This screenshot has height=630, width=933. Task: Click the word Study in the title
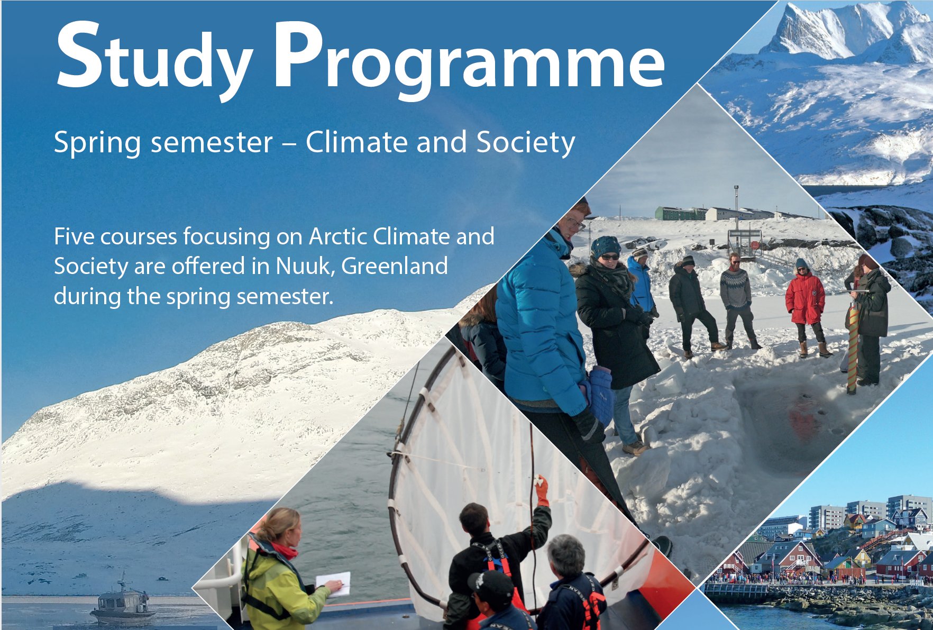pos(154,59)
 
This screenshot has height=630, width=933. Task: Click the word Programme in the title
pos(469,59)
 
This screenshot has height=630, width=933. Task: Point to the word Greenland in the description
pos(395,266)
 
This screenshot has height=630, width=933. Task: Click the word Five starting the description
pos(74,236)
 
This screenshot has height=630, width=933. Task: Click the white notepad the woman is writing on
pos(333,584)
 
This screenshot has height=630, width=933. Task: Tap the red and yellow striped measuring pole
pos(852,348)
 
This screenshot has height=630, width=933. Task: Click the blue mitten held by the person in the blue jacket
pos(601,395)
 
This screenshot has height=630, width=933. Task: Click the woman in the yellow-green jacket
pos(283,571)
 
